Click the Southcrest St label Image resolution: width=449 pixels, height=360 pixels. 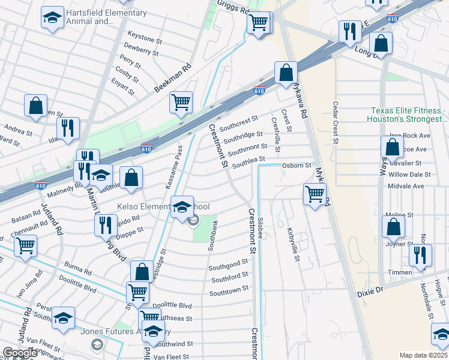[238, 124]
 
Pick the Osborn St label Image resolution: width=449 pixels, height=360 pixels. [297, 166]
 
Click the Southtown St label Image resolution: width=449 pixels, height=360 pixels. [229, 290]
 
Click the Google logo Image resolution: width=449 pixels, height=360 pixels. [20, 353]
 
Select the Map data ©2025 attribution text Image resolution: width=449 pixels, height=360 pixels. [424, 355]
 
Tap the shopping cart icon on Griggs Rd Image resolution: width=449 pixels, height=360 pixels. [258, 23]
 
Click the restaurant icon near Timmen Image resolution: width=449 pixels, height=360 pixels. [420, 254]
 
